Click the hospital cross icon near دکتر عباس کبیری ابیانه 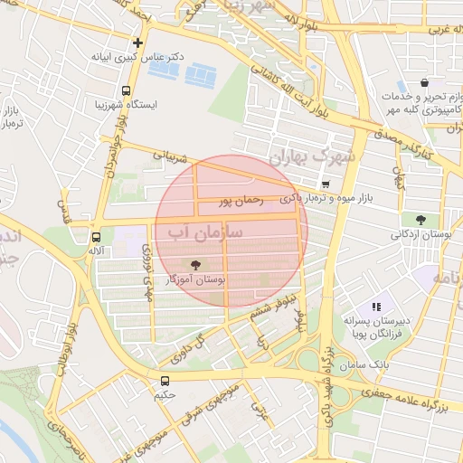click(137, 42)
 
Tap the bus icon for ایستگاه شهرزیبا click(125, 90)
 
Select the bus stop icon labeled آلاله click(96, 236)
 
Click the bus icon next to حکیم click(165, 381)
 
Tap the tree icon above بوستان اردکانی click(420, 219)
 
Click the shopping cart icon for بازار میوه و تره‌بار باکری click(325, 184)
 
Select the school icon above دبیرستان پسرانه click(376, 307)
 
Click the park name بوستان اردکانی click(420, 234)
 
